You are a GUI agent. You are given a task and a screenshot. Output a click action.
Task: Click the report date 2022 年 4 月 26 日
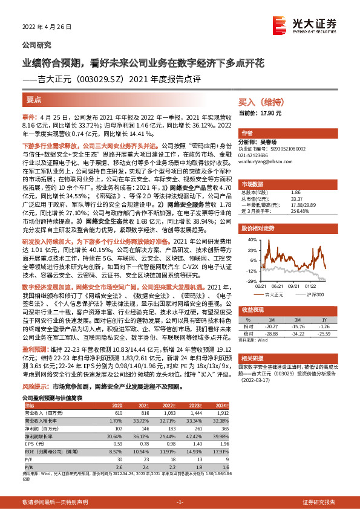(x=47, y=27)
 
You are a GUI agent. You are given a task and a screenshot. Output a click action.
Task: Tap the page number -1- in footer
(x=180, y=502)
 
